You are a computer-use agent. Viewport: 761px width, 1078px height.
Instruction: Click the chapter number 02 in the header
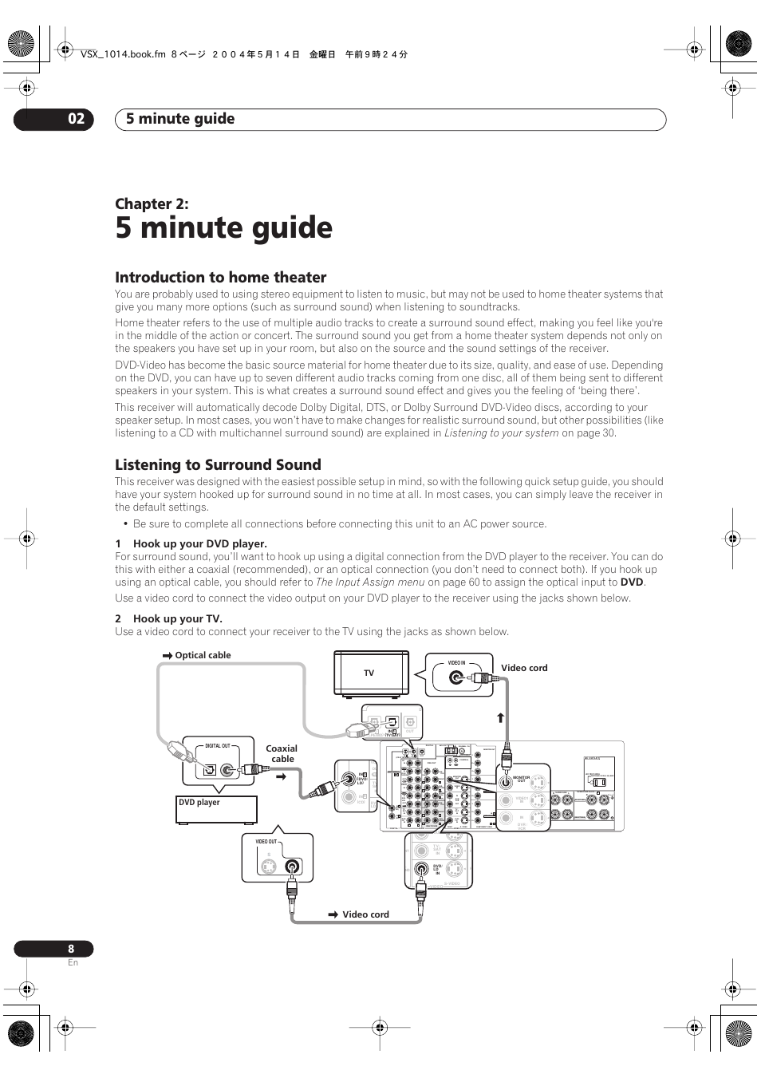point(76,119)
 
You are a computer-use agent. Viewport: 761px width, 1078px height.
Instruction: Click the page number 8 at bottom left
point(71,949)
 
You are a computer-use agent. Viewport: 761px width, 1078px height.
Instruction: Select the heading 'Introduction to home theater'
point(220,277)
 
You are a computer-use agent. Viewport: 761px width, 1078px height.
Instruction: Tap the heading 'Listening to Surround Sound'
point(218,464)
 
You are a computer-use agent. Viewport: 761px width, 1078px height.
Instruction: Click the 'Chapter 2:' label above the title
point(152,203)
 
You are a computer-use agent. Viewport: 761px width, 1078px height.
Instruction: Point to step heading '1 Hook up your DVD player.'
point(191,543)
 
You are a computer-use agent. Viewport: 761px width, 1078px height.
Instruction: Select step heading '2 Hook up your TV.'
point(168,618)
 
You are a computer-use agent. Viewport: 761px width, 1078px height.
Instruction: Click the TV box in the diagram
point(372,673)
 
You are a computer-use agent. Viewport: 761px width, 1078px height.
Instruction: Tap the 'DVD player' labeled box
point(217,809)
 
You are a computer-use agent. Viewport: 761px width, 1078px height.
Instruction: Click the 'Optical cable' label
point(203,655)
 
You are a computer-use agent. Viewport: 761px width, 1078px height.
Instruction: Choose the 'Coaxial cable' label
point(282,753)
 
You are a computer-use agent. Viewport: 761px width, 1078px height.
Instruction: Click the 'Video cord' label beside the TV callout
point(524,668)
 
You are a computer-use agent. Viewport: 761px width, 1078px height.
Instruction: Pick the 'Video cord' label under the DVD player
point(365,914)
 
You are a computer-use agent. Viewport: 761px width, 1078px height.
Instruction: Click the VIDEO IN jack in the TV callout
point(455,678)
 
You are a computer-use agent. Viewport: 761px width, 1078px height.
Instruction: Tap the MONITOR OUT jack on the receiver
point(505,782)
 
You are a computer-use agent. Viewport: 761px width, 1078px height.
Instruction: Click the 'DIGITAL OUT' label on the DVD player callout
point(217,746)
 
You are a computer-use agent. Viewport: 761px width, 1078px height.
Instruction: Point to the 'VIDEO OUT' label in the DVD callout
point(266,842)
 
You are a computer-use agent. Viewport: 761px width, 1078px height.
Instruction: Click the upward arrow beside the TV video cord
point(501,717)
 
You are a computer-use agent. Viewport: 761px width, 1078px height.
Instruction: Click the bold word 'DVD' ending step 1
point(632,582)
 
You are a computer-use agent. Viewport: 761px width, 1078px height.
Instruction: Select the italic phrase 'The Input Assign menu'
point(370,582)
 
